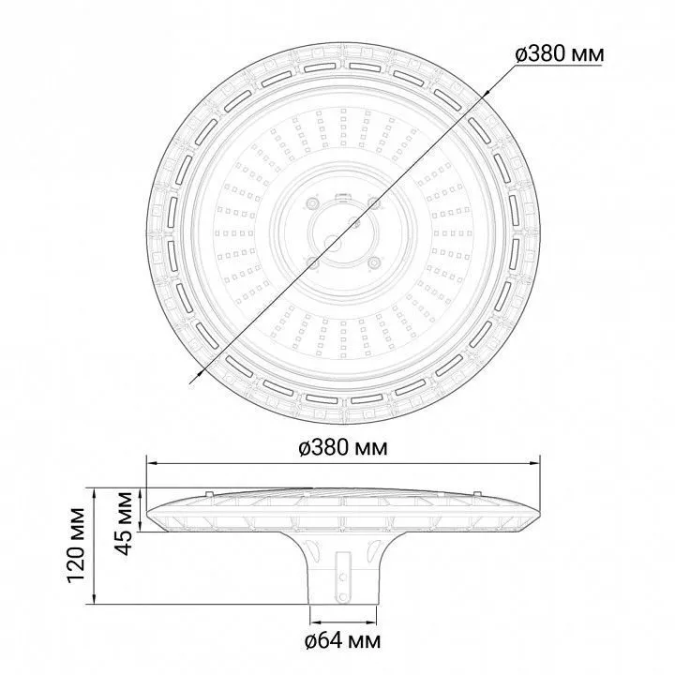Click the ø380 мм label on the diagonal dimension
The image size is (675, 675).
point(559,54)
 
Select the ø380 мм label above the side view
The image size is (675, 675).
point(343,448)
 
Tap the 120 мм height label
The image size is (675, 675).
point(76,546)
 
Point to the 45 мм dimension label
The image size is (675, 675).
point(125,522)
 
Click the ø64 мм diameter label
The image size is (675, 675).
point(343,641)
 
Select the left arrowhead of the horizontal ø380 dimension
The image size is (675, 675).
point(152,463)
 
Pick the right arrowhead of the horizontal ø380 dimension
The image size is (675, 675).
point(534,463)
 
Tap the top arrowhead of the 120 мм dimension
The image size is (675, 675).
point(95,493)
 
